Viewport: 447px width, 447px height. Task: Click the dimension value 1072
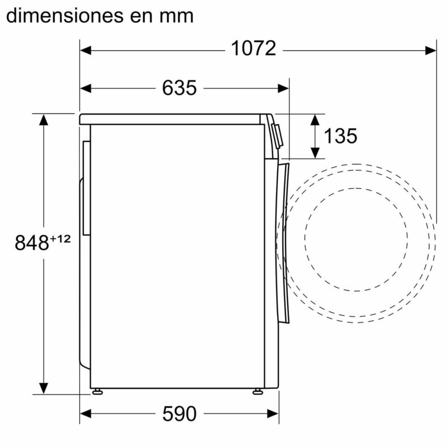[x=254, y=49]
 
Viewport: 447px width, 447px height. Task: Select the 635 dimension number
[x=179, y=88]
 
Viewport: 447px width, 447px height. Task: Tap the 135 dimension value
[x=340, y=136]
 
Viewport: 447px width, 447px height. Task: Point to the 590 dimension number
[x=179, y=414]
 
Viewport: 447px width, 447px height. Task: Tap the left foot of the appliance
[x=98, y=391]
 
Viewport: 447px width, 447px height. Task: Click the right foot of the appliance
[x=257, y=391]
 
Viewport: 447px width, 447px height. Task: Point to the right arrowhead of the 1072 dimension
[x=431, y=50]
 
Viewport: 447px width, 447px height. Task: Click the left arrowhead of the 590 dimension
[x=85, y=414]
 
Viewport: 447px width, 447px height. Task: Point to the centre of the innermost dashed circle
[x=356, y=239]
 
